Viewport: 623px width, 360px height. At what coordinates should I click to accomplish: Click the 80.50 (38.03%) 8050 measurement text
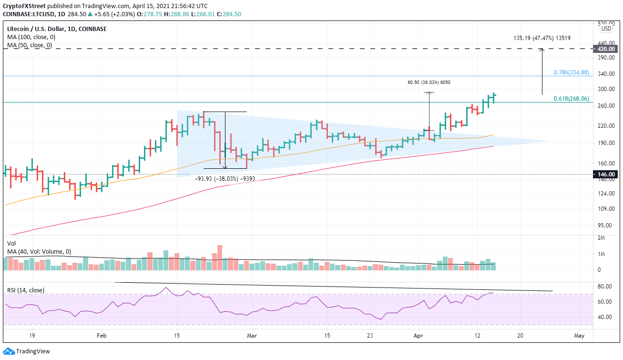(429, 82)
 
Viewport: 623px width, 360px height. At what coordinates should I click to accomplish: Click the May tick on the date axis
(579, 336)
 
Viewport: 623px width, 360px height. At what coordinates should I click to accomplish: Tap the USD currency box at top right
(606, 28)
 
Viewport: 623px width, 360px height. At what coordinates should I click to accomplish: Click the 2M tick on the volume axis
(602, 237)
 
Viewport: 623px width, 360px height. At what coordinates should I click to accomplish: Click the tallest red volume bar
(220, 258)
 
